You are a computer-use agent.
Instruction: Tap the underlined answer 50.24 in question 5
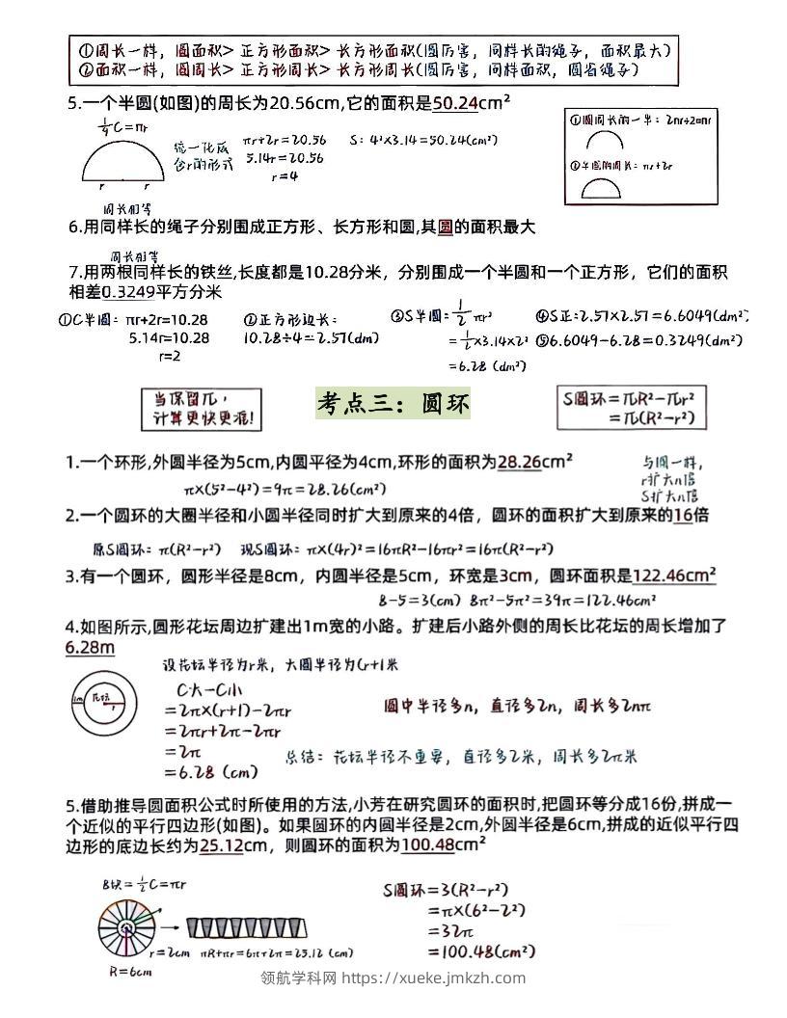(x=455, y=103)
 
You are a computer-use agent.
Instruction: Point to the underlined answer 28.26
(x=519, y=463)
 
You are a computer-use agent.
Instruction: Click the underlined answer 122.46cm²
(x=674, y=576)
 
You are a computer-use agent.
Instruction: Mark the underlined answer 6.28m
(x=90, y=648)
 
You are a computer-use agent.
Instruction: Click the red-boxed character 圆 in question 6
(x=445, y=228)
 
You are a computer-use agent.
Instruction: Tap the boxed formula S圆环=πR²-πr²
(x=641, y=407)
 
